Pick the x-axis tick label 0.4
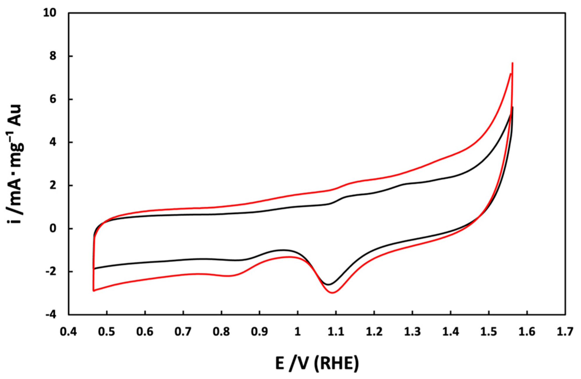click(69, 332)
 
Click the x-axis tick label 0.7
click(183, 332)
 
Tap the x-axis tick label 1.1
click(336, 332)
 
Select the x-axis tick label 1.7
click(565, 332)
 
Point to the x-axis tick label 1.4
click(451, 332)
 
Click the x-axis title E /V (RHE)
click(317, 364)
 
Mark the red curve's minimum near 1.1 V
click(333, 293)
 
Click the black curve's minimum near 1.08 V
click(329, 285)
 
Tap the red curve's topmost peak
click(512, 63)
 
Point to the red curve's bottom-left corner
click(93, 291)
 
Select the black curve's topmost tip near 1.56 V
click(513, 107)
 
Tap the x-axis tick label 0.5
click(107, 332)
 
